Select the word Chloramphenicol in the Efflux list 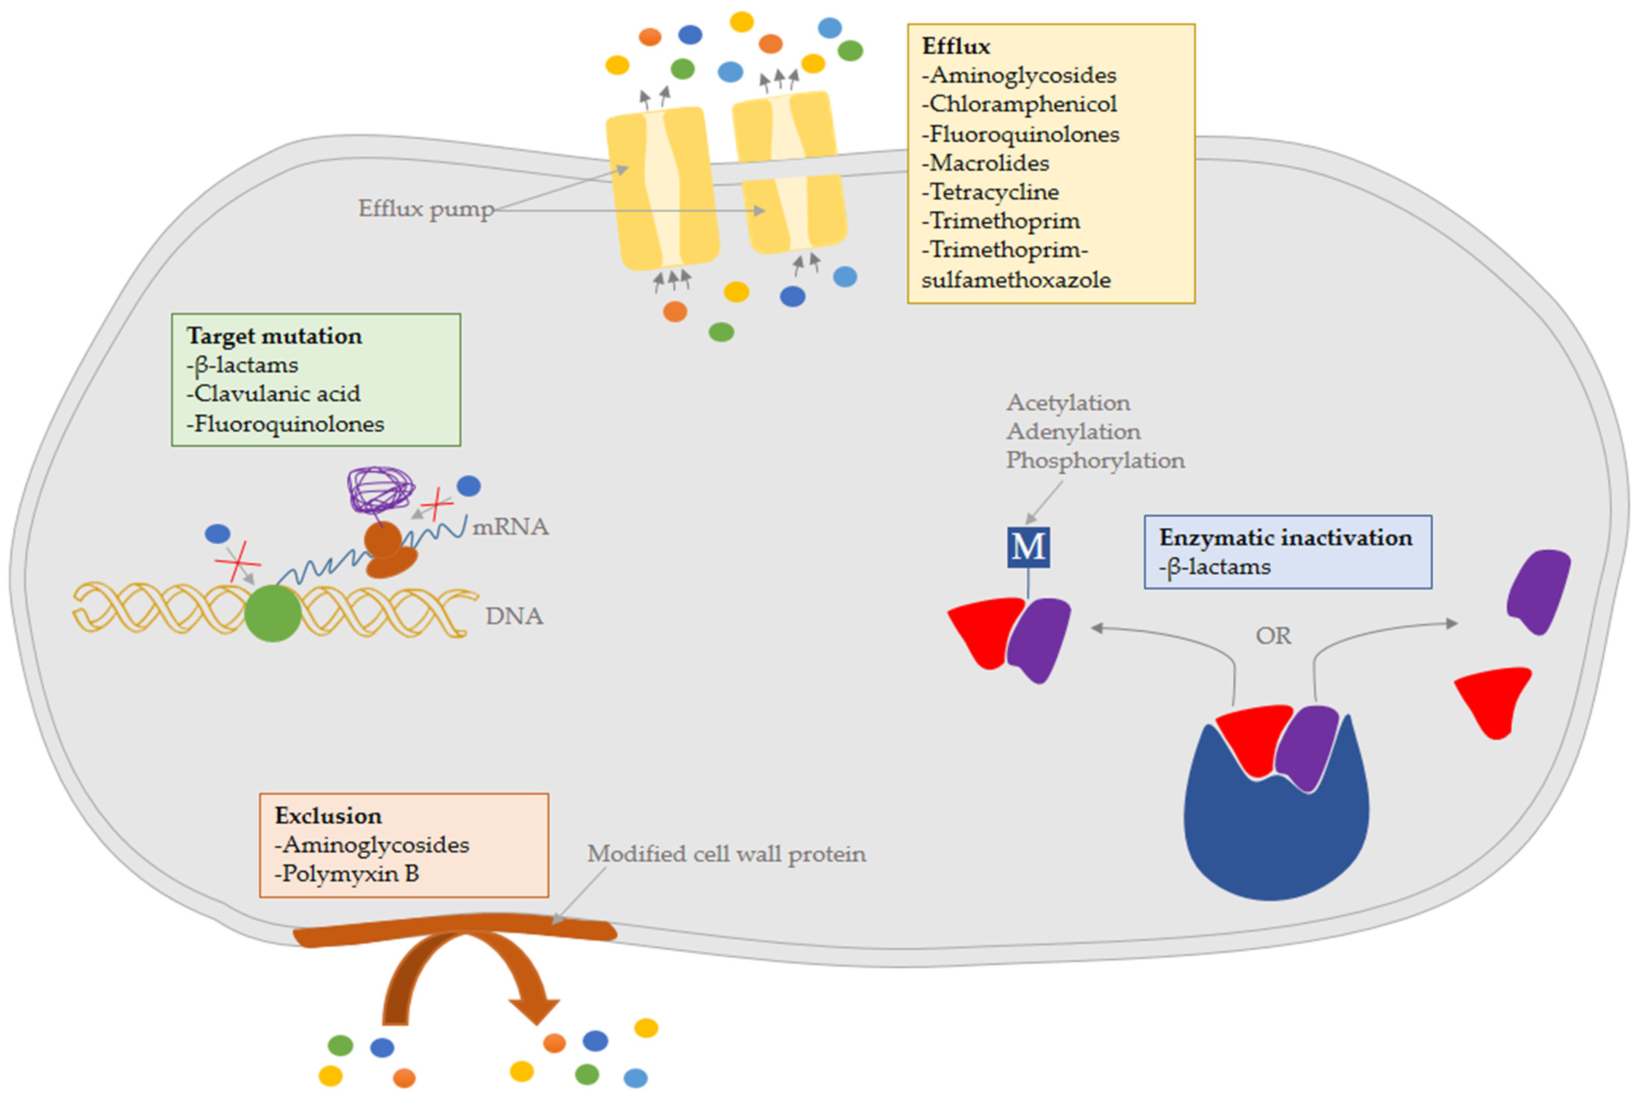pyautogui.click(x=1023, y=104)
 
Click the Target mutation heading pyautogui.click(x=274, y=336)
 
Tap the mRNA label pyautogui.click(x=510, y=527)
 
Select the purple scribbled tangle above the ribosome pyautogui.click(x=381, y=489)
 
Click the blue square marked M pyautogui.click(x=1028, y=547)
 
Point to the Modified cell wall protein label pyautogui.click(x=726, y=854)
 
